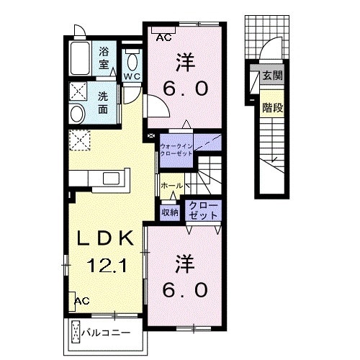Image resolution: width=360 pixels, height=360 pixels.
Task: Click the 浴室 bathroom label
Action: [104, 58]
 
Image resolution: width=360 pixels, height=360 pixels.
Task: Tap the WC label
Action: [132, 76]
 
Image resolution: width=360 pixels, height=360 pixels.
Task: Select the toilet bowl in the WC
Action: [132, 62]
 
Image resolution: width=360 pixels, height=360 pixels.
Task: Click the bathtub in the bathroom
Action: [81, 58]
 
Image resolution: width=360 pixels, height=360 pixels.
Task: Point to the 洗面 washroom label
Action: [103, 103]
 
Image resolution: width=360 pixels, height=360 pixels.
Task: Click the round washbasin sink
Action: [77, 114]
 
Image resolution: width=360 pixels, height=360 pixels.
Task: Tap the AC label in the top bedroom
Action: [163, 37]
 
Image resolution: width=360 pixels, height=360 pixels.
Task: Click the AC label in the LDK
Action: [82, 301]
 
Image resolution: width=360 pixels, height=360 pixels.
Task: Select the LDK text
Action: [105, 238]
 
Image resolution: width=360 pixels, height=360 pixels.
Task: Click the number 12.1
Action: [107, 266]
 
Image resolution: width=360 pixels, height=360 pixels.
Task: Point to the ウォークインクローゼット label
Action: [176, 150]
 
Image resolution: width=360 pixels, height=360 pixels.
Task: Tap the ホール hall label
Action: [172, 185]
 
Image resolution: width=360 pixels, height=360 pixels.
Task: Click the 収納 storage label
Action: [170, 212]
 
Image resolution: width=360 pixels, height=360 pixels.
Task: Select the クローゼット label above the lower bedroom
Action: [203, 210]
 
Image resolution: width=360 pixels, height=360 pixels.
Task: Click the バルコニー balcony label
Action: [106, 333]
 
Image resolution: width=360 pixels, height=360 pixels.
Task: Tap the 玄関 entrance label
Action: [273, 76]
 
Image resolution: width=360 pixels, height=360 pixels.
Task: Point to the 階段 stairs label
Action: [273, 107]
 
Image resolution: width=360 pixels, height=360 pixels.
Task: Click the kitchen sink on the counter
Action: [112, 179]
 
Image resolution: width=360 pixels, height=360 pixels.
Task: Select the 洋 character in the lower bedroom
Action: [185, 264]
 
